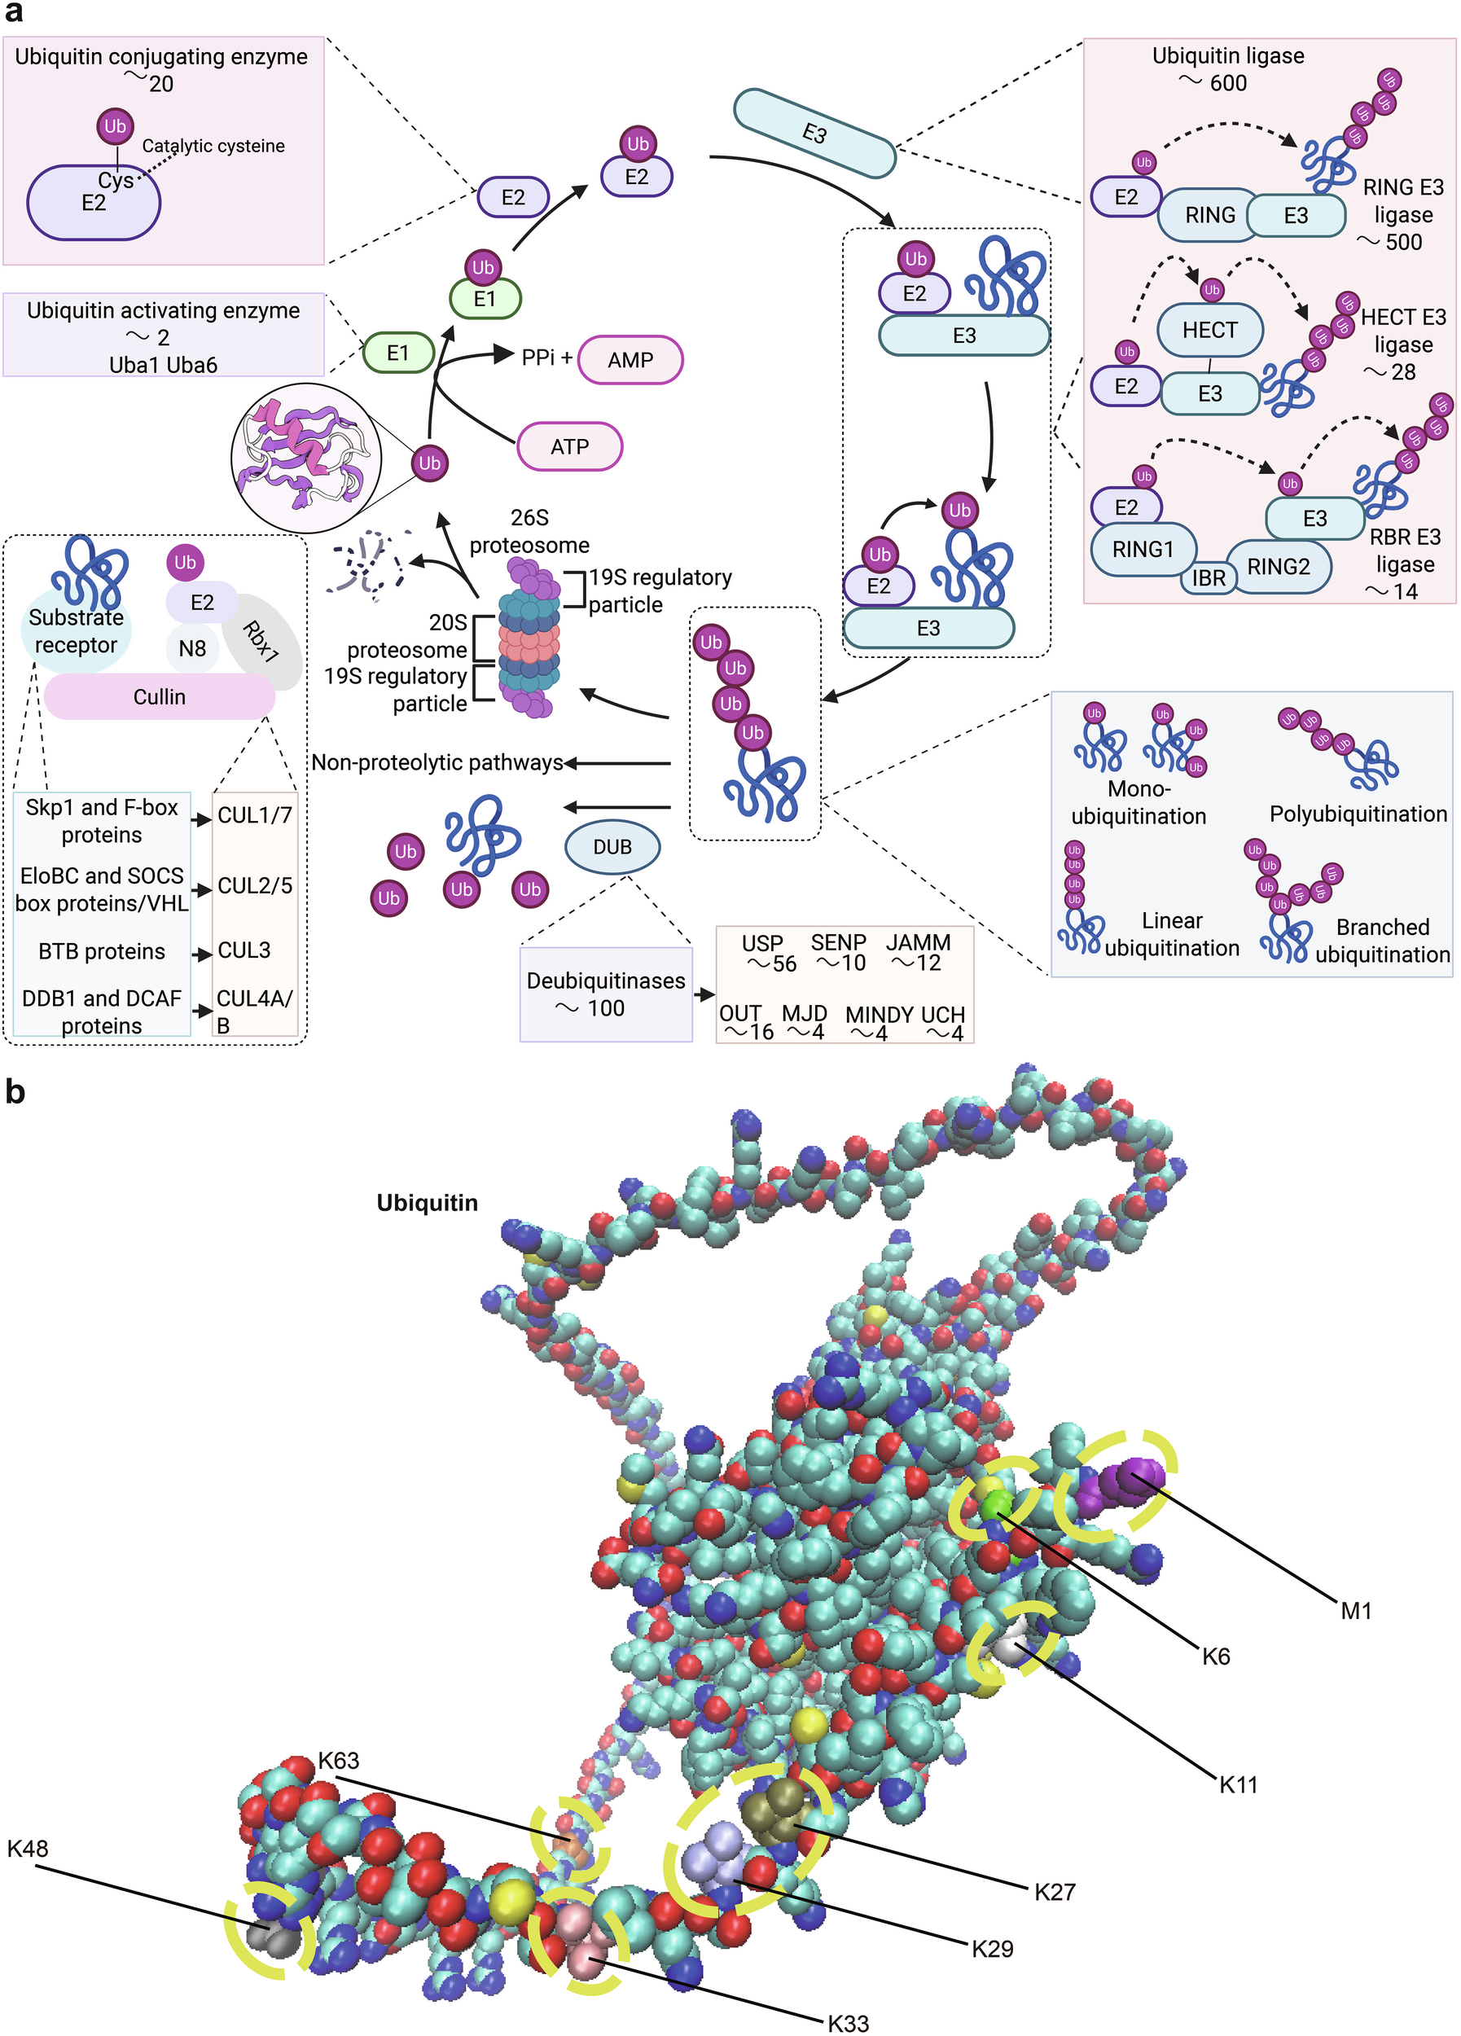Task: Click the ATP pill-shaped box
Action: click(569, 446)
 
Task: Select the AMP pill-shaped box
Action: click(630, 360)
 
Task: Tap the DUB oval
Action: click(612, 846)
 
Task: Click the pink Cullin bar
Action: click(159, 696)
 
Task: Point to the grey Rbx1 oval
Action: click(261, 641)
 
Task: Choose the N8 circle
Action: click(192, 648)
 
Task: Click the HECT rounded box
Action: click(1209, 331)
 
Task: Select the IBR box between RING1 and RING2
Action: click(1208, 578)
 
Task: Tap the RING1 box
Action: click(1143, 549)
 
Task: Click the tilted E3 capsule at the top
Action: click(814, 134)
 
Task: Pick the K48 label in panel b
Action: click(28, 1849)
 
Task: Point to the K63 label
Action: click(338, 1761)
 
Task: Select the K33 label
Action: click(847, 2022)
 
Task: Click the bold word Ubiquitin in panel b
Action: click(428, 1203)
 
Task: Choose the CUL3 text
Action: click(244, 950)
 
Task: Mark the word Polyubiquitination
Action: click(1358, 814)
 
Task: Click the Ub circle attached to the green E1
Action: click(483, 266)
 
